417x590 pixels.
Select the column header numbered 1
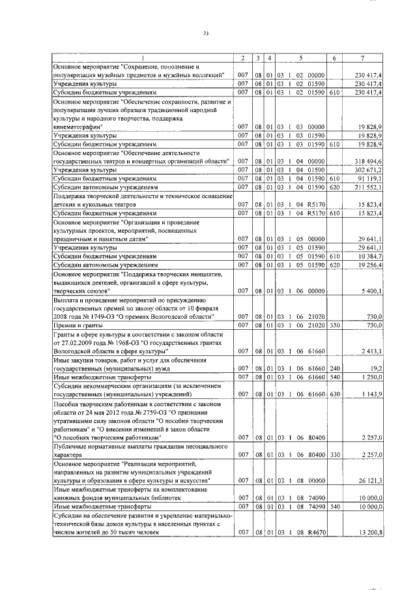pyautogui.click(x=143, y=58)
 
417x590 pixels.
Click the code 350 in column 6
pyautogui.click(x=334, y=325)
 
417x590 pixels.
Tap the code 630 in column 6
pyautogui.click(x=334, y=394)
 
